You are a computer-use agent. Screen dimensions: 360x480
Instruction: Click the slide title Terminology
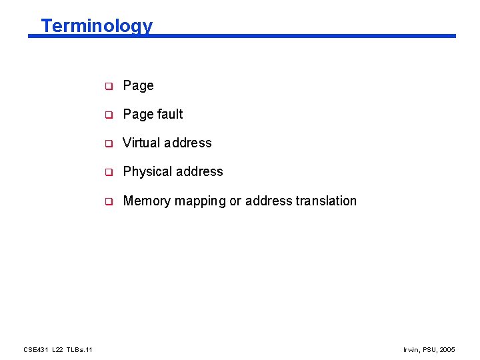(x=97, y=26)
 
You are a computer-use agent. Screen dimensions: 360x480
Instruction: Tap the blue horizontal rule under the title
(x=267, y=36)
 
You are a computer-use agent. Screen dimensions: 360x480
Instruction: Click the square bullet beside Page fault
(x=107, y=115)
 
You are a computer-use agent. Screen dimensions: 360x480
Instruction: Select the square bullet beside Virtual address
(x=107, y=143)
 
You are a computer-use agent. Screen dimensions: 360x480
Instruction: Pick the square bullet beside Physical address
(x=107, y=172)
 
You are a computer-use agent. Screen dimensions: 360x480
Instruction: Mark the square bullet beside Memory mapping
(x=107, y=201)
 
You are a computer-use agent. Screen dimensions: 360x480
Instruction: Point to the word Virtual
(x=142, y=143)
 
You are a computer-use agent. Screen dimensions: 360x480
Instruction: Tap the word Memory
(x=147, y=201)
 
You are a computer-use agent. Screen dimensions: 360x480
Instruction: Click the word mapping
(x=200, y=201)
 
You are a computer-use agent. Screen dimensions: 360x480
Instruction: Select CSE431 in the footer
(x=34, y=350)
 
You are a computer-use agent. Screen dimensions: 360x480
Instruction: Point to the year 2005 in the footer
(x=448, y=350)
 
